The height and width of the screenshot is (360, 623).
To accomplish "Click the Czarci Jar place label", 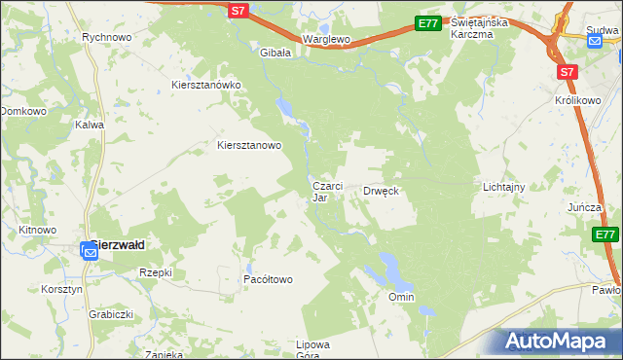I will point(326,191).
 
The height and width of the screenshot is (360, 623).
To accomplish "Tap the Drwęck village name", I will point(382,191).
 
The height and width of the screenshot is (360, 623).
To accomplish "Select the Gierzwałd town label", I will point(119,246).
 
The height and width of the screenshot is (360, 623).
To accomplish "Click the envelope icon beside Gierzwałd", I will point(89,252).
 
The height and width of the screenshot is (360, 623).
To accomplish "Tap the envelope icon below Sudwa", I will point(595,41).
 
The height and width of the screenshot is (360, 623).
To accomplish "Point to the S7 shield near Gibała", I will point(239,11).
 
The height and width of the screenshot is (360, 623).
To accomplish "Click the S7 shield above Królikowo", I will point(568,71).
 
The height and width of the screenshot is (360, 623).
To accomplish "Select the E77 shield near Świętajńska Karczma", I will point(427,23).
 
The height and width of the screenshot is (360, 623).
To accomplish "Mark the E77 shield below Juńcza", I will point(605,234).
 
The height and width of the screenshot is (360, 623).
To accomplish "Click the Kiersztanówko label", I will point(205,85).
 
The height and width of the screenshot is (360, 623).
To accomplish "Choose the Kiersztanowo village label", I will point(248,146).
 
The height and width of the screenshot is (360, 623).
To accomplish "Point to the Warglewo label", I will point(326,39).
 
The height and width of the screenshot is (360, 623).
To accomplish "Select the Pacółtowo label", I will point(268,279).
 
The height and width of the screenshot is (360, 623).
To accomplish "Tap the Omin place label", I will point(401,297).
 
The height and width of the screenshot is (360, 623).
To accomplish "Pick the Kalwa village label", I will point(90,125).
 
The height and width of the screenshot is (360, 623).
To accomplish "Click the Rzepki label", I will point(156,272).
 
